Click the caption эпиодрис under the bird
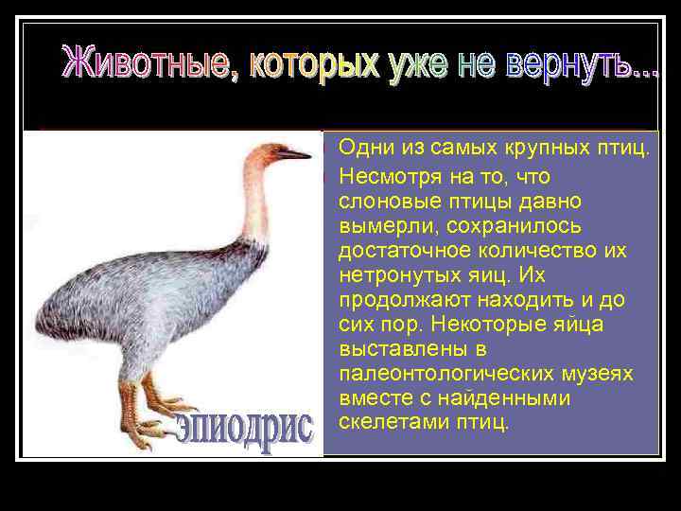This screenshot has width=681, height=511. click(x=243, y=432)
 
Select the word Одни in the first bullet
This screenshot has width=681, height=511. click(x=360, y=148)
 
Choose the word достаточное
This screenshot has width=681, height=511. click(x=395, y=251)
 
